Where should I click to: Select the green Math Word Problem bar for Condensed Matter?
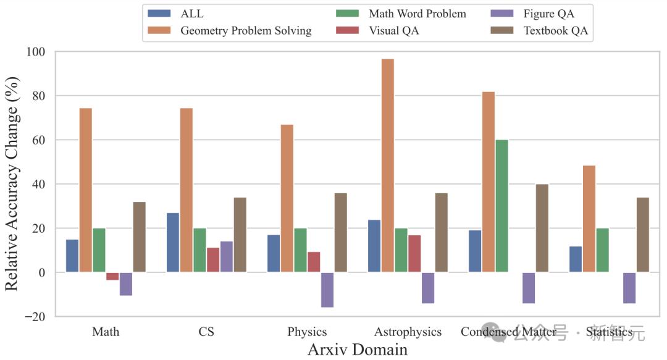[x=502, y=206]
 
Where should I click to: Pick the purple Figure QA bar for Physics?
[x=327, y=290]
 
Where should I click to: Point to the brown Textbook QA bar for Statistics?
[x=643, y=235]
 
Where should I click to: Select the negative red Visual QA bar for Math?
[x=112, y=276]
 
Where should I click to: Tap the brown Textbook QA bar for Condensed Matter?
[x=542, y=228]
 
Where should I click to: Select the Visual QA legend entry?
[x=393, y=30]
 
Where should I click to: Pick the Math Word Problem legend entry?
[x=417, y=14]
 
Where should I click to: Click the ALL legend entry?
[x=191, y=14]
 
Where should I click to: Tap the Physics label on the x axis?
[x=307, y=332]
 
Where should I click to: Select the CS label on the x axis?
[x=206, y=332]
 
